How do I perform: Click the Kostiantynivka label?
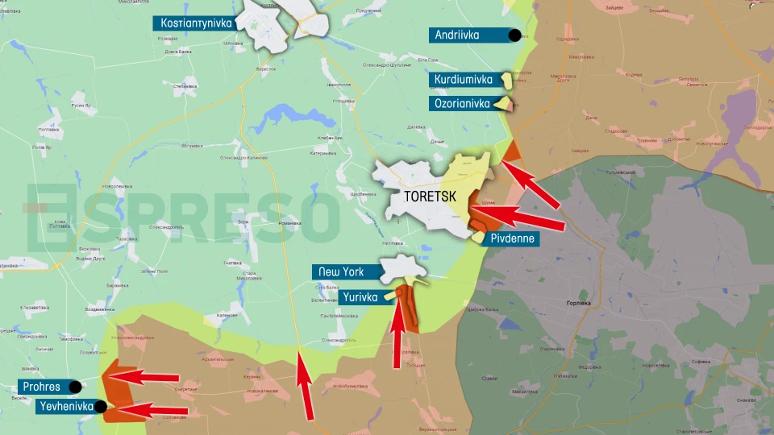tap(196, 23)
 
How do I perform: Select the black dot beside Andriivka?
tap(514, 35)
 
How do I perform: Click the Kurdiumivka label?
tap(463, 80)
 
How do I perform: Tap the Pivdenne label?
tap(512, 238)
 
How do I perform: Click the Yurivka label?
tap(360, 296)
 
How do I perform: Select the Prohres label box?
tap(42, 387)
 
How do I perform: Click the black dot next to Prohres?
tap(75, 387)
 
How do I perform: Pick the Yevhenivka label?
tap(64, 407)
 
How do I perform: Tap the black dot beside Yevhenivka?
tap(101, 407)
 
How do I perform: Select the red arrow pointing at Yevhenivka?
tap(153, 410)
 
